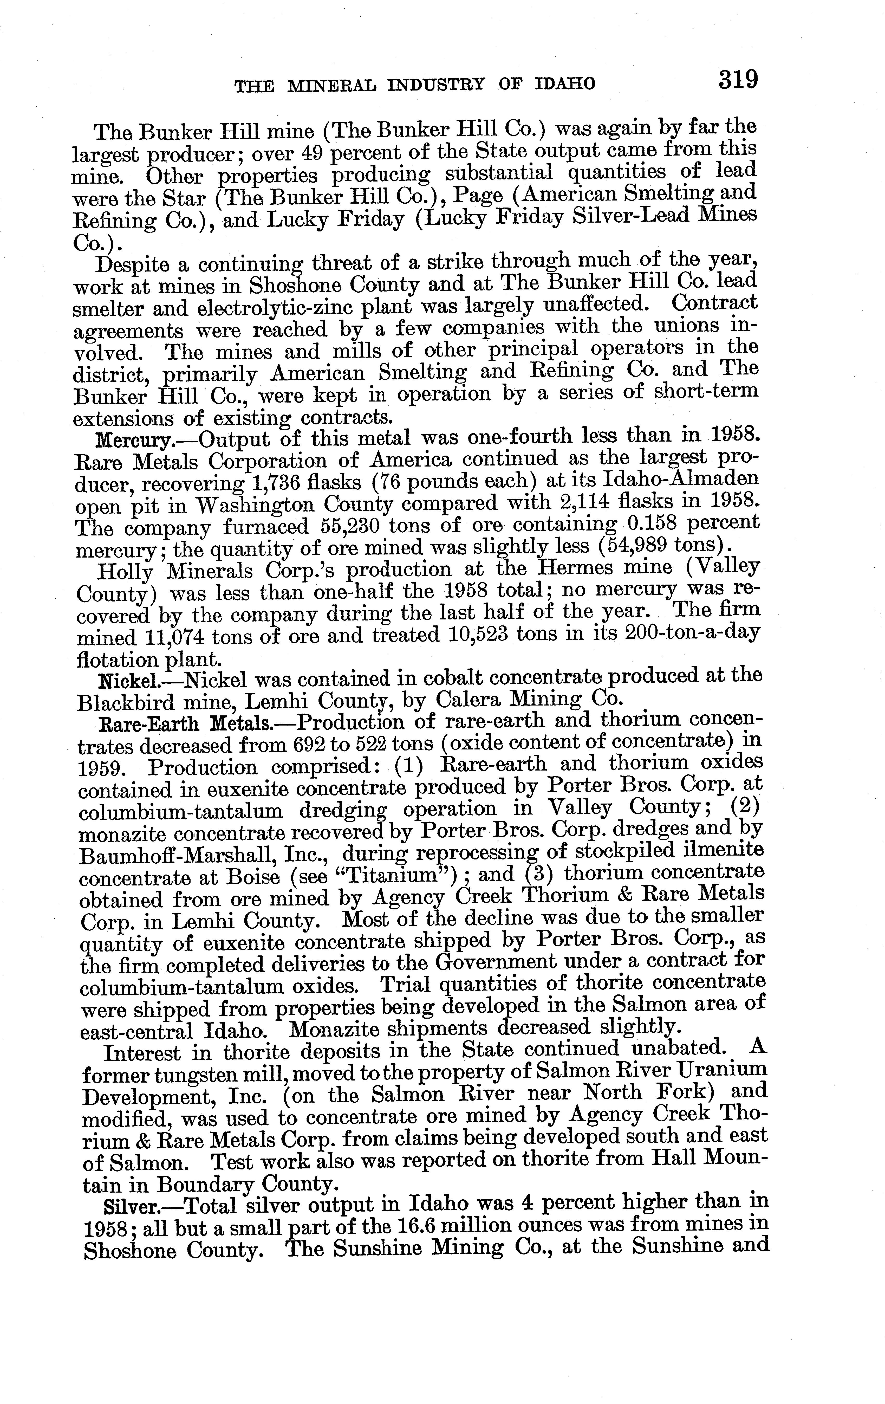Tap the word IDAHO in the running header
(x=564, y=85)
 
